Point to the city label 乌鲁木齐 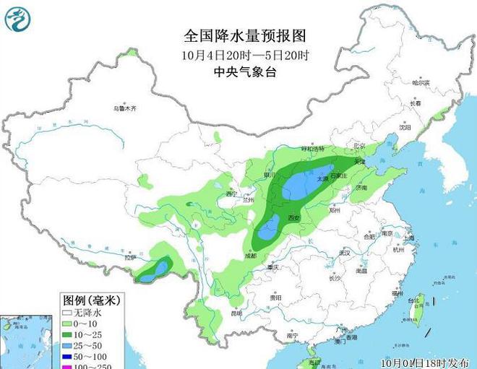(124, 108)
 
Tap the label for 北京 (359, 146)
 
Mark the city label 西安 (293, 217)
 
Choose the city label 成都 (250, 255)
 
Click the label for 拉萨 (129, 257)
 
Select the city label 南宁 (292, 336)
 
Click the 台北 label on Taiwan (414, 300)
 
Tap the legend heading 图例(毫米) (92, 299)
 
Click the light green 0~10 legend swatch (67, 324)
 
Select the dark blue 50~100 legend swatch (67, 357)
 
